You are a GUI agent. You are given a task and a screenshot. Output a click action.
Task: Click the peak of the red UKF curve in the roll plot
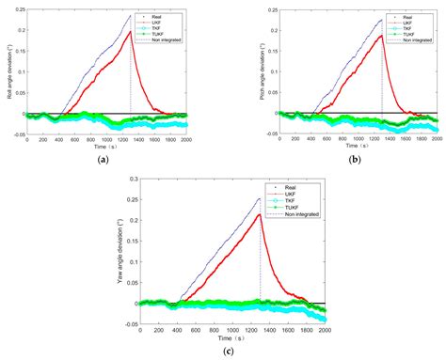(x=130, y=32)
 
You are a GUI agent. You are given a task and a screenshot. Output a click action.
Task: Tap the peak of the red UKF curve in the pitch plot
(x=381, y=36)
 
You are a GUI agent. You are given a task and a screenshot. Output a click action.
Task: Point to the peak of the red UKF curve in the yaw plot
(x=260, y=214)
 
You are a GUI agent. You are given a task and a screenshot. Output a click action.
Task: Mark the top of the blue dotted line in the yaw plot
(x=260, y=197)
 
